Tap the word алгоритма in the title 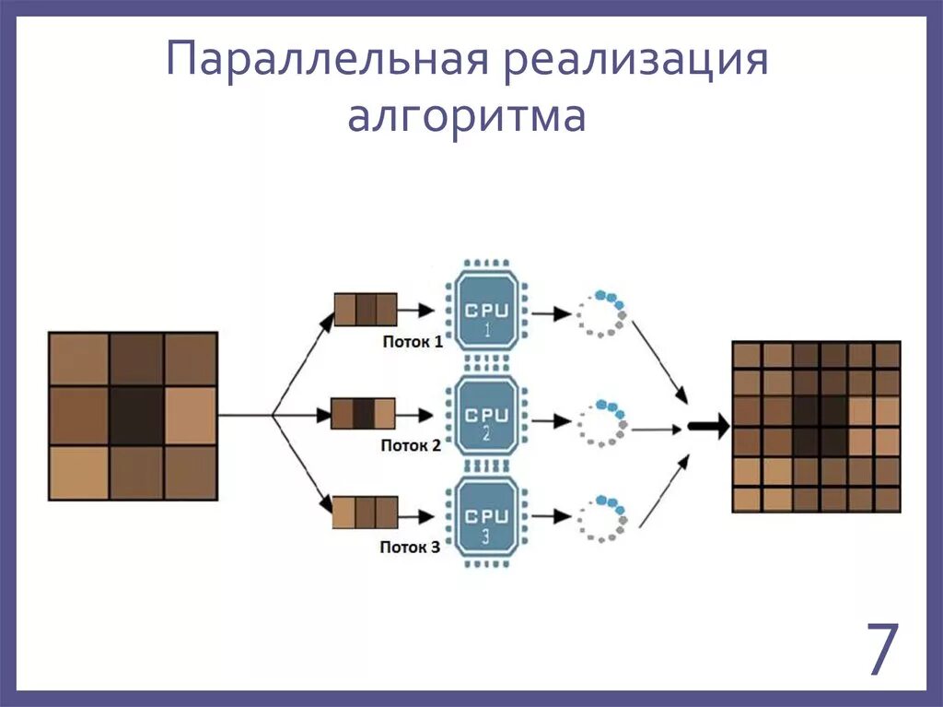pos(466,118)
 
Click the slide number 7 pos(881,650)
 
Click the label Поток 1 pos(411,342)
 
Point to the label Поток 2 pos(411,445)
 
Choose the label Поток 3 pos(411,547)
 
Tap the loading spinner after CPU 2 pos(602,422)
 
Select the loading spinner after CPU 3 pos(602,519)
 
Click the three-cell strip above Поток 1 pos(365,310)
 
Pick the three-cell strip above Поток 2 pos(363,414)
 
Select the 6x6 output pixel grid pos(816,426)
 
